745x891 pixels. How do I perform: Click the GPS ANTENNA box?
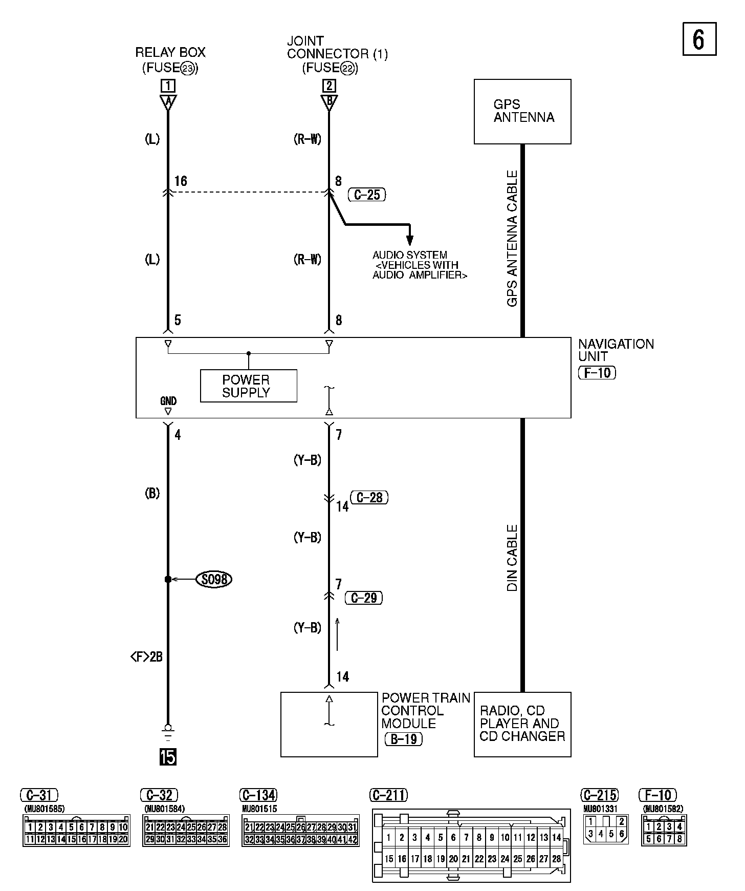pyautogui.click(x=522, y=111)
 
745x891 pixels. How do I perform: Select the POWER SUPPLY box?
pyautogui.click(x=248, y=386)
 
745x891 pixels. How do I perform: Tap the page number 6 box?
pyautogui.click(x=699, y=39)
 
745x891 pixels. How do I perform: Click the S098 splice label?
pyautogui.click(x=214, y=579)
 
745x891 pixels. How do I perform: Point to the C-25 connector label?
pyautogui.click(x=366, y=195)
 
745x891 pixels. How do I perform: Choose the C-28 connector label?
pyautogui.click(x=369, y=497)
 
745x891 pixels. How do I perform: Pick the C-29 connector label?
pyautogui.click(x=364, y=598)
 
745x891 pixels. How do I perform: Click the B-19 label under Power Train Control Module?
pyautogui.click(x=404, y=739)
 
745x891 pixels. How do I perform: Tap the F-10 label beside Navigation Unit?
pyautogui.click(x=597, y=372)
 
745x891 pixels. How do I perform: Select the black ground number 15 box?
pyautogui.click(x=168, y=756)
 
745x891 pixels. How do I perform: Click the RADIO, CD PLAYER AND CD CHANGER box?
pyautogui.click(x=522, y=724)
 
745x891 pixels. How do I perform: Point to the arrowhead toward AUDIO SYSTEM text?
pyautogui.click(x=409, y=240)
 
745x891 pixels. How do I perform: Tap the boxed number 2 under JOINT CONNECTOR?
pyautogui.click(x=329, y=86)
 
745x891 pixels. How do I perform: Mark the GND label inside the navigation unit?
pyautogui.click(x=168, y=401)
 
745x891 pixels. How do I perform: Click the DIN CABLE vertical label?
pyautogui.click(x=512, y=558)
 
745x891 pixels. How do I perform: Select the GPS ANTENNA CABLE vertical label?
pyautogui.click(x=512, y=239)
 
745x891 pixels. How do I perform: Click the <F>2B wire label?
pyautogui.click(x=146, y=656)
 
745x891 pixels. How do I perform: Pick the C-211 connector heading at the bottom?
pyautogui.click(x=388, y=795)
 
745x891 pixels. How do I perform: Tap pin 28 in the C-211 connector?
pyautogui.click(x=556, y=859)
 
